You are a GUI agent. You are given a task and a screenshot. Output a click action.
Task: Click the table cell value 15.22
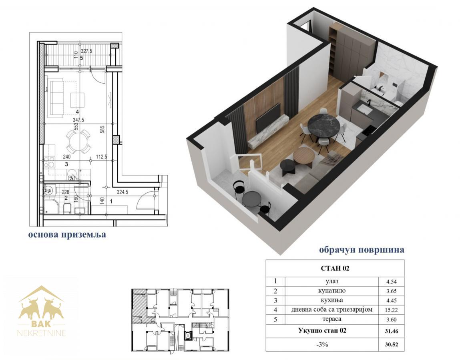coord(392,310)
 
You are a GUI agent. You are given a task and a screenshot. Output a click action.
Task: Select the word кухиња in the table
coord(332,300)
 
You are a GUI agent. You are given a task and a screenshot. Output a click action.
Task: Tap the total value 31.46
coord(392,332)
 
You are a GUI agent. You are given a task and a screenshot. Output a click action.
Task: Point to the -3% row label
coord(322,344)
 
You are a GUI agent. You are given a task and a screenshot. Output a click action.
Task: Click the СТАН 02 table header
coord(335,268)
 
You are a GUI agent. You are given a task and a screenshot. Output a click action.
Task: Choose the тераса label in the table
coord(332,319)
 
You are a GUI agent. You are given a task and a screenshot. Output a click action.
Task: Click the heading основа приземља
coord(67,234)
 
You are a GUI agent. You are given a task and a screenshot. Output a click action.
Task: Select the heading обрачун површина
coord(362,250)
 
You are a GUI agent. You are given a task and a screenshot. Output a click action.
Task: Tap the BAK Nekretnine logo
coord(41,311)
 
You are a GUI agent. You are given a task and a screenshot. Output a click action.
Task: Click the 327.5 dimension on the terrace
coord(86,51)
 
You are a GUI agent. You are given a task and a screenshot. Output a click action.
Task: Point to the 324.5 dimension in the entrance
coord(123,192)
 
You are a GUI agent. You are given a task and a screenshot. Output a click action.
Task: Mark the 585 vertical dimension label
coord(102,129)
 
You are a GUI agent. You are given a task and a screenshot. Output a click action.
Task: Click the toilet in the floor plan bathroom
coord(67,208)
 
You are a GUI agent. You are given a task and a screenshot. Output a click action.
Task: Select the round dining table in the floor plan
coord(78,141)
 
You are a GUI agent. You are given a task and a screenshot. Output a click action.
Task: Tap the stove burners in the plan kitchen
coord(49,162)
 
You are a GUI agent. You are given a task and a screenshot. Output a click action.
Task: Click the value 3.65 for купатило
coord(392,292)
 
